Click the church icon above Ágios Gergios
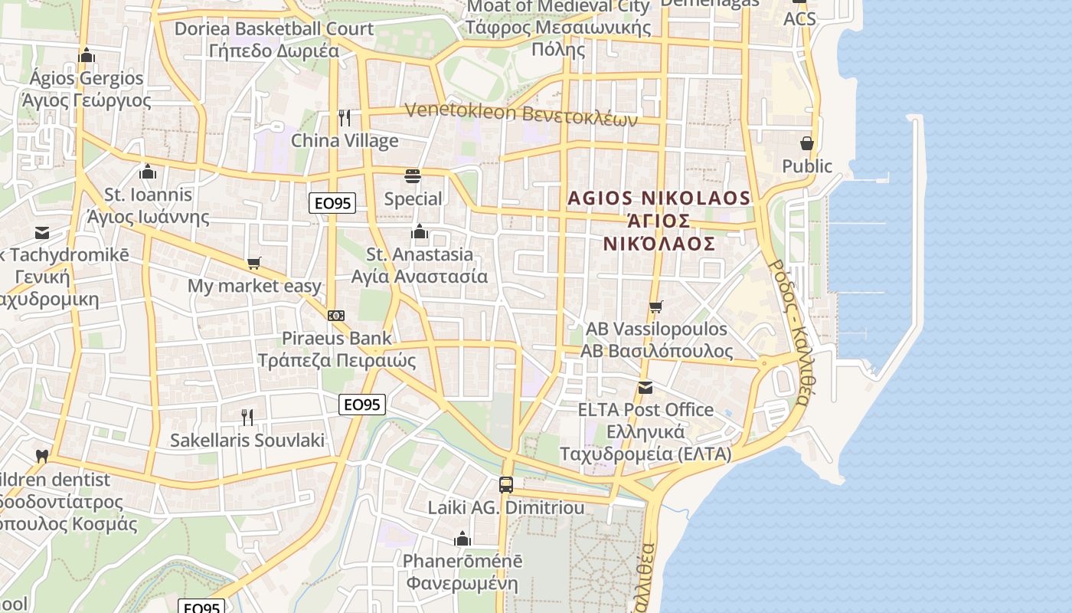(87, 55)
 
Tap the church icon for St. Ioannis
(148, 172)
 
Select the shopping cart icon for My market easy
(254, 264)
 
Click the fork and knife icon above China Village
(345, 117)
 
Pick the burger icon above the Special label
(413, 176)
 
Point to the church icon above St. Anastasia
(420, 231)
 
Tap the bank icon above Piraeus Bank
(335, 316)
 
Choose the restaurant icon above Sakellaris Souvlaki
(247, 418)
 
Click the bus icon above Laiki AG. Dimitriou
(505, 484)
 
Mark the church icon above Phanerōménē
(462, 539)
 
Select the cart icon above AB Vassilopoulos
(655, 307)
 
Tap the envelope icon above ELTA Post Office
(645, 388)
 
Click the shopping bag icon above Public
(806, 143)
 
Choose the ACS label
(799, 18)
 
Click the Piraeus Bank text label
(336, 338)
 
